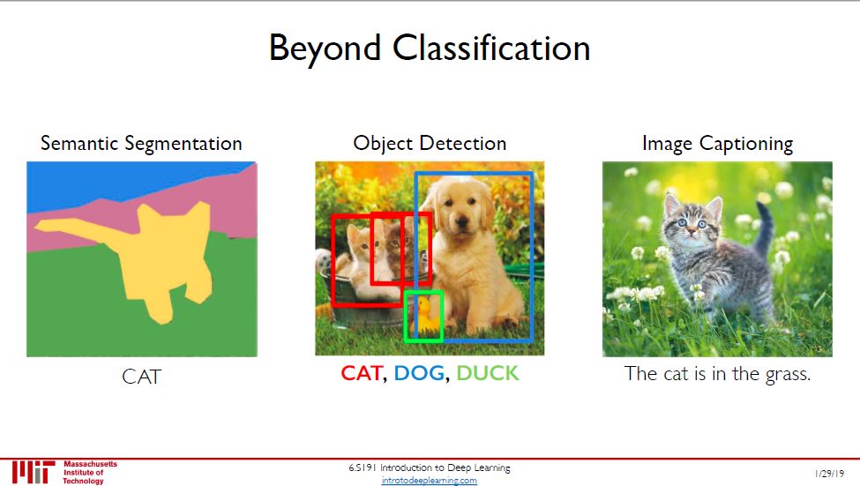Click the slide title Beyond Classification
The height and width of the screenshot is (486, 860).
pyautogui.click(x=430, y=49)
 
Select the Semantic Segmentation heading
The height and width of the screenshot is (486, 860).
pyautogui.click(x=141, y=144)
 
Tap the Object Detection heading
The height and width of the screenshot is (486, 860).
pyautogui.click(x=430, y=144)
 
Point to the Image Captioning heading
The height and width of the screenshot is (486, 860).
pyautogui.click(x=717, y=144)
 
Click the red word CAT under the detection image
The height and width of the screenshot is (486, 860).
pyautogui.click(x=362, y=374)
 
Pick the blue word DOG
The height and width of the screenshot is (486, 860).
pyautogui.click(x=419, y=374)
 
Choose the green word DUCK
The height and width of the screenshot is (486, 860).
pyautogui.click(x=487, y=374)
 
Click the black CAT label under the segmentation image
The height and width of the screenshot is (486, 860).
pyautogui.click(x=141, y=377)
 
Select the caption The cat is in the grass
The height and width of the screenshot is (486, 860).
pyautogui.click(x=717, y=374)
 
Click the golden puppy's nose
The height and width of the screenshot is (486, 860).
pyautogui.click(x=462, y=221)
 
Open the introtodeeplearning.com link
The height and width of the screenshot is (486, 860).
pyautogui.click(x=430, y=481)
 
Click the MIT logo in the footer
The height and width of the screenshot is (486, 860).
pyautogui.click(x=34, y=472)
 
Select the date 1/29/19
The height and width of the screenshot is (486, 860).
pyautogui.click(x=829, y=474)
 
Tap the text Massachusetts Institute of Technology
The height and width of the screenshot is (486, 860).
pyautogui.click(x=90, y=472)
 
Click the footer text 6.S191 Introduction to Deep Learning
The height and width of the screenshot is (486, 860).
pyautogui.click(x=430, y=467)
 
